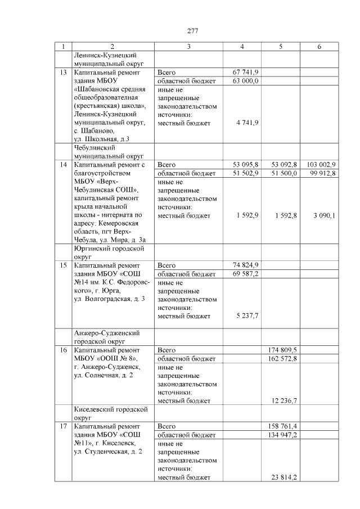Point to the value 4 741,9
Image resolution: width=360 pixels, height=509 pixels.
pyautogui.click(x=247, y=122)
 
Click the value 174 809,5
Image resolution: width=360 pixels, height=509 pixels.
pyautogui.click(x=282, y=349)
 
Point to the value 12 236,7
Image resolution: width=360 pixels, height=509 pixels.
pyautogui.click(x=284, y=400)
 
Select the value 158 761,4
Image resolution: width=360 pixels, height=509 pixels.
pyautogui.click(x=282, y=426)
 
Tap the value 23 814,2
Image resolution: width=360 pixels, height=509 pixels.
pyautogui.click(x=284, y=477)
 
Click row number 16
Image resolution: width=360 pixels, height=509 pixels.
pyautogui.click(x=64, y=349)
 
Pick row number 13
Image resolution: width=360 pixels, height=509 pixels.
pyautogui.click(x=64, y=73)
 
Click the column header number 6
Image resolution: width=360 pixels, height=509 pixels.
pyautogui.click(x=318, y=47)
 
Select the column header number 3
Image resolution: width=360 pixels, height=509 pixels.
pyautogui.click(x=188, y=47)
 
